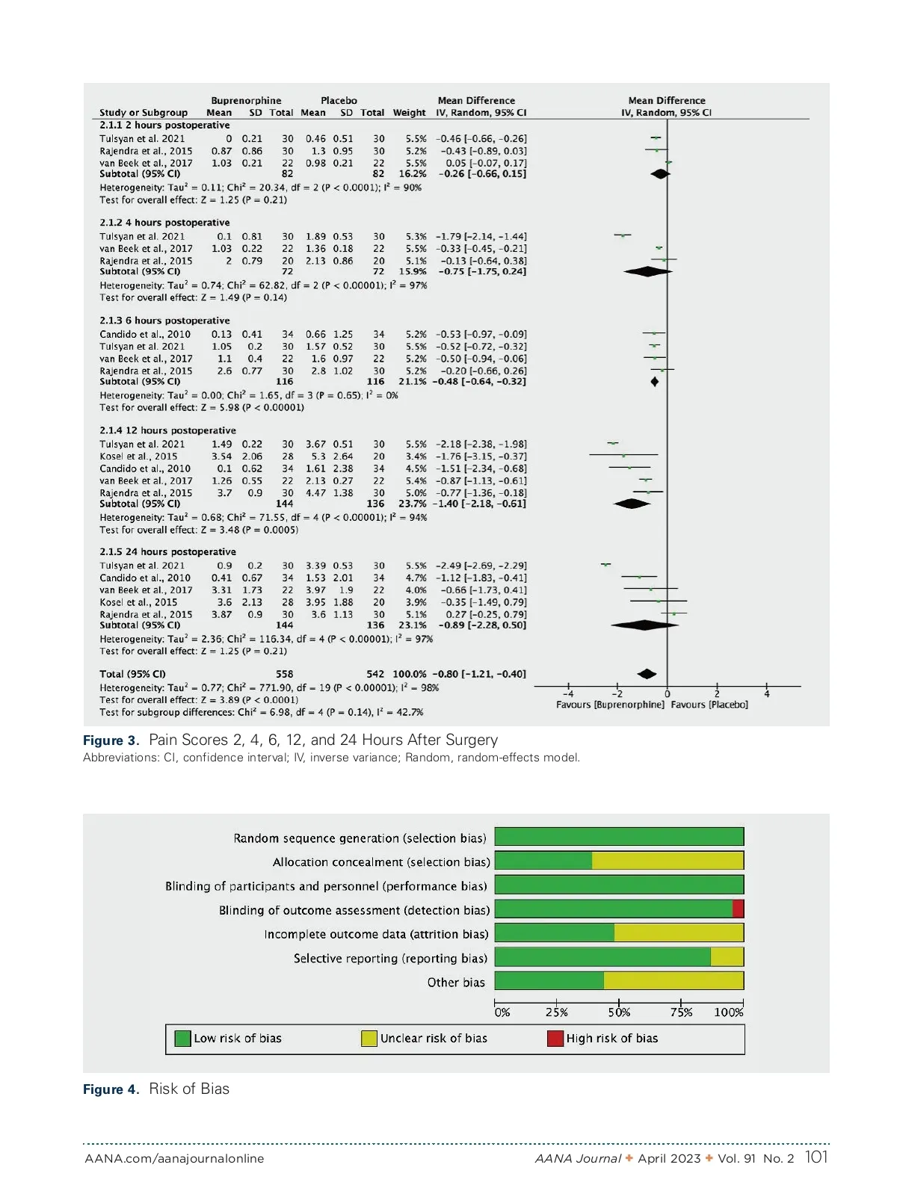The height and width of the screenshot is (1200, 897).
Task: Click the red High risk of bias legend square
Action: tap(555, 1038)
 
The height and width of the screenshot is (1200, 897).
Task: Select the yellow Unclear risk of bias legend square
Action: tap(369, 1038)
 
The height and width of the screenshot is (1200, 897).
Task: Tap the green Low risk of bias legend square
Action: tap(182, 1038)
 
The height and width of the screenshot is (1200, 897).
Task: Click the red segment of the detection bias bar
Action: tap(738, 909)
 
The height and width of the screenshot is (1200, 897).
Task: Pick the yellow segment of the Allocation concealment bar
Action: tap(668, 861)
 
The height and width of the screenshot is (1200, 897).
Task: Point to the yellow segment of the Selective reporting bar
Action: tap(727, 957)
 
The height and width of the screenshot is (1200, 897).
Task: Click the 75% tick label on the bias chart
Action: tap(681, 1012)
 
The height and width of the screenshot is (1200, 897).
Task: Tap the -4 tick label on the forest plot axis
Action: tap(568, 693)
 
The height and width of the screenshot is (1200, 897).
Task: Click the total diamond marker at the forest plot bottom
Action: tap(647, 674)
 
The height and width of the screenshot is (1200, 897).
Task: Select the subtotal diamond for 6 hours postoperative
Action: tap(655, 382)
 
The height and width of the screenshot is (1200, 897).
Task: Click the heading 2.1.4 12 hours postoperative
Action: tap(167, 430)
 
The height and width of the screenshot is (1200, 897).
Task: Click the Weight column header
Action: tap(409, 113)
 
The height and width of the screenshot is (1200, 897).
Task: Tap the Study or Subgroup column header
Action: tap(144, 113)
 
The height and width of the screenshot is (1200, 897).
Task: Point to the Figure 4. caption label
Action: tap(111, 1089)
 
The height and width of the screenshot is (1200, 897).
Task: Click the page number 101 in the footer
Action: tap(816, 1157)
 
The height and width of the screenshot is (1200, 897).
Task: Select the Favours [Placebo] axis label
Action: tap(709, 705)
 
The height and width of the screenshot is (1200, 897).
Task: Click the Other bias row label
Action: tap(456, 982)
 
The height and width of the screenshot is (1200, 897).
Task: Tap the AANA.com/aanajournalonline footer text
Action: tap(174, 1159)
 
